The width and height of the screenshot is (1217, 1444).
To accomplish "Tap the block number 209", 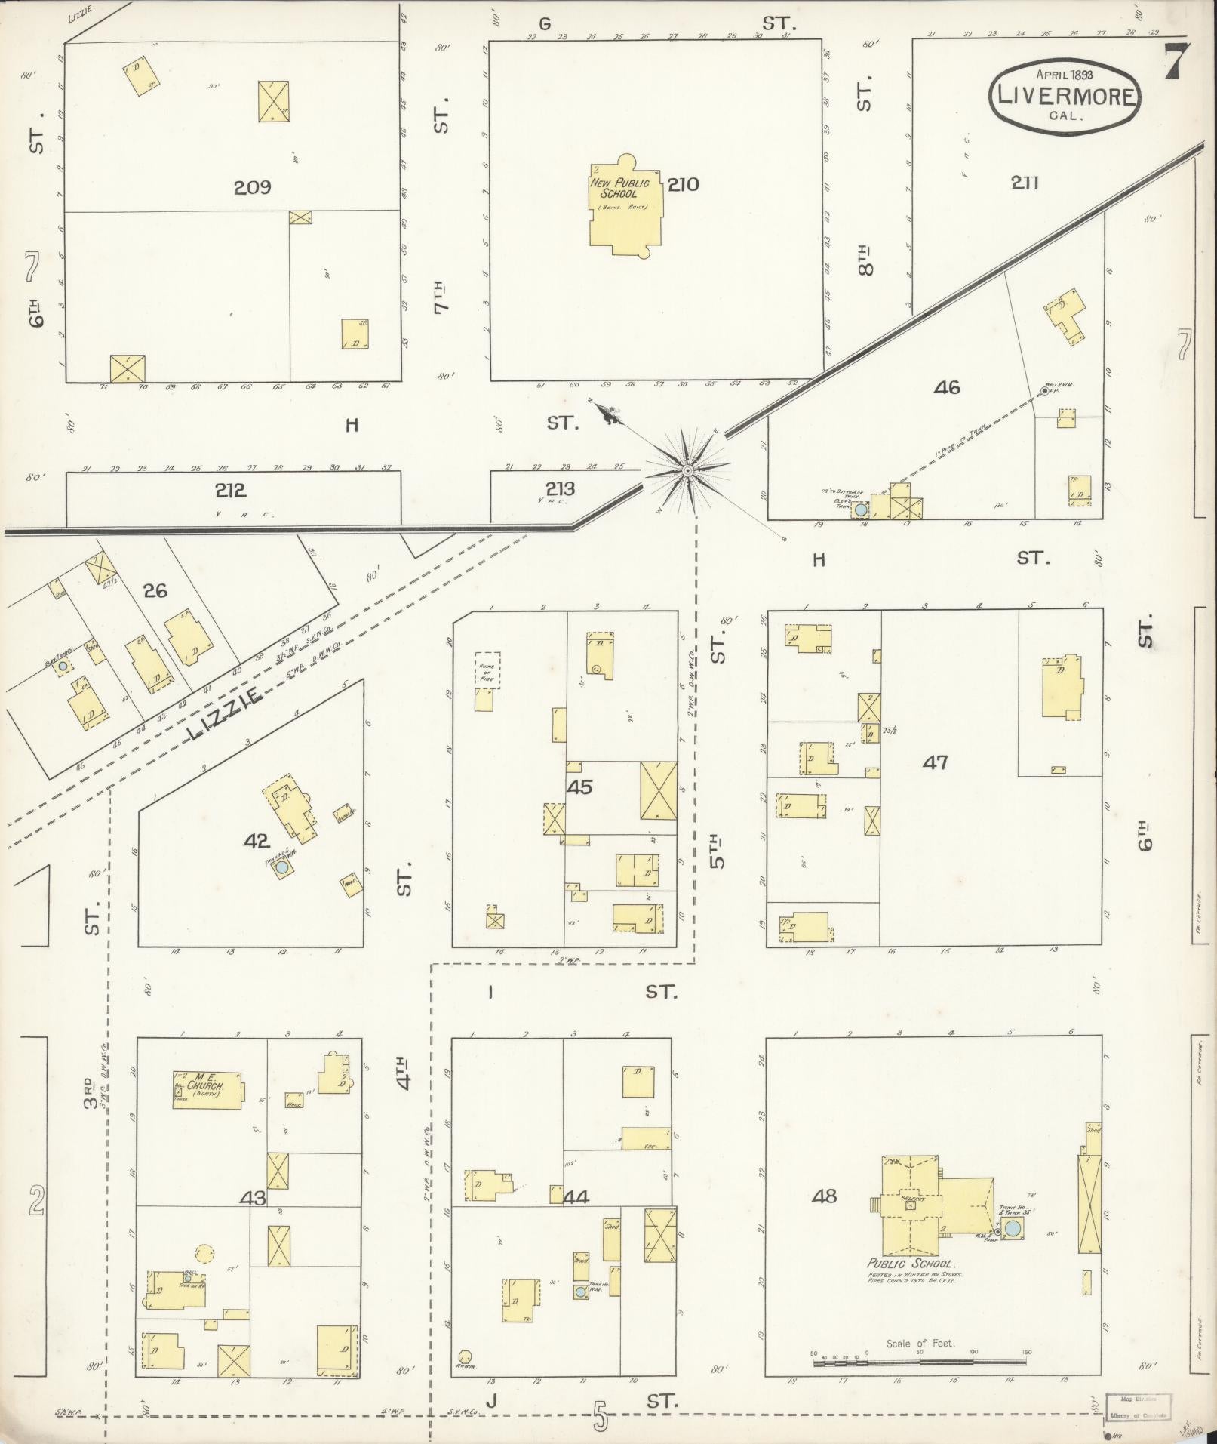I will pos(252,187).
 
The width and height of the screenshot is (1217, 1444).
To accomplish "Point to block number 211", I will pos(1025,183).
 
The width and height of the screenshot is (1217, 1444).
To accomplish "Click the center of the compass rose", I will pos(687,471).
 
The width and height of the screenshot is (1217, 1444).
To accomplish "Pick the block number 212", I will pos(230,491).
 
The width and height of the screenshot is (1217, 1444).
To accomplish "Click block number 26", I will pos(155,590).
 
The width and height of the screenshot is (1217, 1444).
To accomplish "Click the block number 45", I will pos(579,787).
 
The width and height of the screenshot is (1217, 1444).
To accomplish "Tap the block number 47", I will pos(935,762).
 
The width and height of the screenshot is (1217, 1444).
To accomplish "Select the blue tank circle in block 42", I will pos(281,868).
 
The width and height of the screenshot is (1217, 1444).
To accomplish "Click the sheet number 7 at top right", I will pos(1176,62).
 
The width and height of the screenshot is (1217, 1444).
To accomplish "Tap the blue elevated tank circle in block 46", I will pos(860,510).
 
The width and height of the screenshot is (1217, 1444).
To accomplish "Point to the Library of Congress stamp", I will pos(1138,1400).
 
